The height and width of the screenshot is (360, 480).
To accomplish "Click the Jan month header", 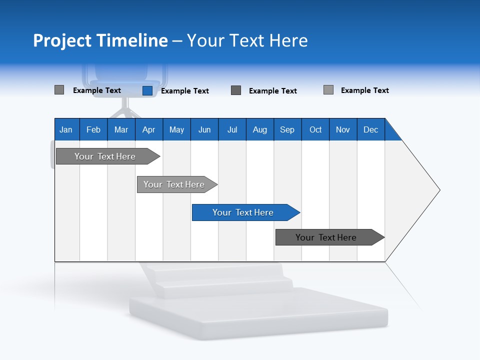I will coord(66,129).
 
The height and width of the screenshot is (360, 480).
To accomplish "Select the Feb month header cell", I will coord(93,129).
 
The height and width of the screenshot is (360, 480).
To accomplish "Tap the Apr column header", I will coord(148,129).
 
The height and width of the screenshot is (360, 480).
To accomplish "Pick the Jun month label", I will coord(204,129).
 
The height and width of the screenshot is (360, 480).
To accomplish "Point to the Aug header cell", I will coord(259,129).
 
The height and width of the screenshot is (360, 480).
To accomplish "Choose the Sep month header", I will coord(287,129).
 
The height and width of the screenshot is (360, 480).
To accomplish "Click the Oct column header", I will coord(315,129).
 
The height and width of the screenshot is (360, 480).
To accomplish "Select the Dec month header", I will coord(370,129).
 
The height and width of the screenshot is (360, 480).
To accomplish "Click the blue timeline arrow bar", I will coord(243,212).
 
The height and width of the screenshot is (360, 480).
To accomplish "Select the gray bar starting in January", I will coord(105,156).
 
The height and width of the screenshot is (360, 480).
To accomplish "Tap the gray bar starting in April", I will coord(174,184).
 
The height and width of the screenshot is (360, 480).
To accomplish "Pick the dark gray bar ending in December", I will coord(326,237).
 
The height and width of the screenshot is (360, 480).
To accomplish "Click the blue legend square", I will coord(147,90).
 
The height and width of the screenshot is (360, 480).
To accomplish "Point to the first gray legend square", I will coord(59,90).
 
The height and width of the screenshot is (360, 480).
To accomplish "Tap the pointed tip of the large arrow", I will coord(438,190).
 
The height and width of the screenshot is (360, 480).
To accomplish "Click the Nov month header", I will coord(343,129).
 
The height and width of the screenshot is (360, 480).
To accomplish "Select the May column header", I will coord(176,129).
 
